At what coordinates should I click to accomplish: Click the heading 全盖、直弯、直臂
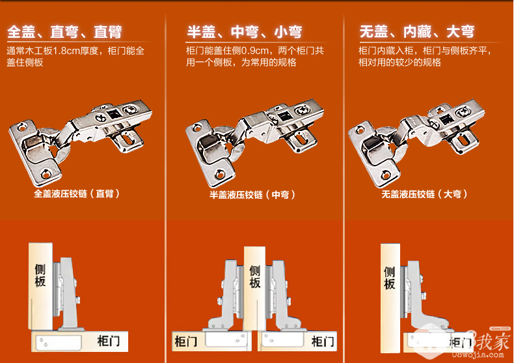(64, 32)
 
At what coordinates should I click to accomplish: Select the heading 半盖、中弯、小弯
(244, 32)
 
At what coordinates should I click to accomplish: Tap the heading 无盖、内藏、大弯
(417, 31)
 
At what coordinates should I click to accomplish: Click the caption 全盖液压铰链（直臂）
(77, 194)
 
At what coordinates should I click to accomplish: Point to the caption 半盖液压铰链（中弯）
(252, 195)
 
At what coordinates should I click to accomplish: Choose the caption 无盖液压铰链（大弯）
(424, 194)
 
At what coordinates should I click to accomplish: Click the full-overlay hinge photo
(80, 143)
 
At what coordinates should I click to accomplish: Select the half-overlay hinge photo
(254, 143)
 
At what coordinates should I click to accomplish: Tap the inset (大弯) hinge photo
(416, 143)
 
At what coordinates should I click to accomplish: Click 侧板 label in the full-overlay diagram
(40, 276)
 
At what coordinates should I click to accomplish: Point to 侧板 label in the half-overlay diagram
(254, 277)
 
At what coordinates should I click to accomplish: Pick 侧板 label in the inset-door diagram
(390, 278)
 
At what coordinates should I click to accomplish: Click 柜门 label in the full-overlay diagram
(109, 341)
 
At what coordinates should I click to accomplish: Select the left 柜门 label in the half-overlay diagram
(186, 341)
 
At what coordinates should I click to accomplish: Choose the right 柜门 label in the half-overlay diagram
(323, 341)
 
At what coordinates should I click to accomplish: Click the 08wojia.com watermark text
(478, 355)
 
